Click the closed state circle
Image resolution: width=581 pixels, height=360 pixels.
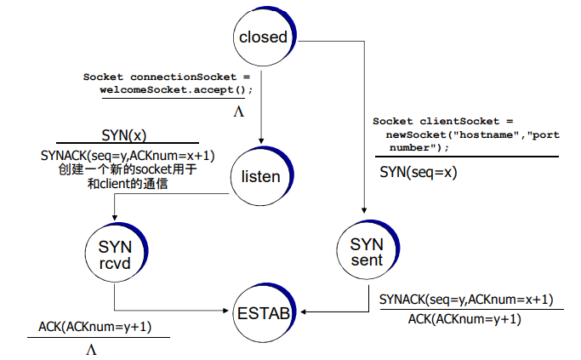coord(263,37)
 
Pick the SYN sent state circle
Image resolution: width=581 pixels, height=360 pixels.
coord(367,251)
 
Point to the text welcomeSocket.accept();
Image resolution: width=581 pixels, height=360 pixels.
coord(177,89)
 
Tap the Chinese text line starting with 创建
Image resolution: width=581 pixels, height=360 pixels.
coord(128,169)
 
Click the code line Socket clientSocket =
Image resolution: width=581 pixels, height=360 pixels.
coord(442,122)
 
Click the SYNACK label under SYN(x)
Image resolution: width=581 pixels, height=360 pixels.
coord(128,155)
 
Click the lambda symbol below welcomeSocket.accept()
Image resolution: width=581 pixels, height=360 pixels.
coord(238,111)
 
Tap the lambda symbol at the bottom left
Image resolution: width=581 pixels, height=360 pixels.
coord(92,348)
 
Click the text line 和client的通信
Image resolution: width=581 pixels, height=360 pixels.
coord(128,182)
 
